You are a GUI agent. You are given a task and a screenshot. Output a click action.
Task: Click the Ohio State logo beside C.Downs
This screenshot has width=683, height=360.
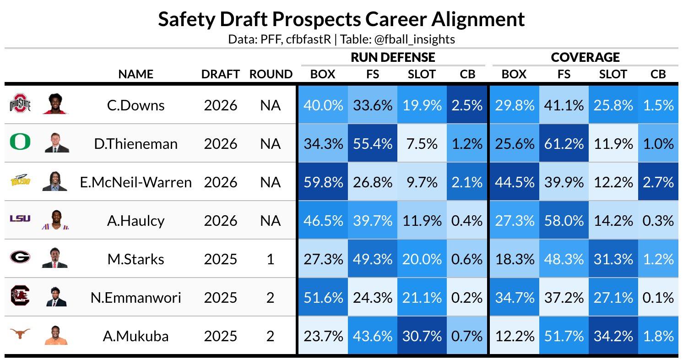pos(20,105)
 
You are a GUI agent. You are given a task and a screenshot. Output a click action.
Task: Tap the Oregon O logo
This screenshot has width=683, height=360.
pos(20,143)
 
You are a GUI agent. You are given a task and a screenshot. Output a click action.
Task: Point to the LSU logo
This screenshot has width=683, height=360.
pos(20,218)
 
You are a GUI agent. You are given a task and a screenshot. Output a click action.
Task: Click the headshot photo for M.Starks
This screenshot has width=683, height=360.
pos(57,259)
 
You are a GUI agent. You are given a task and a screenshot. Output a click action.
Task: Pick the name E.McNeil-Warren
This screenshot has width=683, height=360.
pos(136,182)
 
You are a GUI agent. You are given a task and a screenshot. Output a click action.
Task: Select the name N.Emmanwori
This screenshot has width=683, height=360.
pos(136,298)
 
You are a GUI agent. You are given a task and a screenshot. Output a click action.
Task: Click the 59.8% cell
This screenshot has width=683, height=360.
pos(323,182)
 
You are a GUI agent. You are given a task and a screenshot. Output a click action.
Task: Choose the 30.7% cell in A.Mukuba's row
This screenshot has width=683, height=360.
pos(422,336)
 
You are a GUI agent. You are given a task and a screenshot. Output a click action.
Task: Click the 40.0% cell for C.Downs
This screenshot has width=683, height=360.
pos(323,105)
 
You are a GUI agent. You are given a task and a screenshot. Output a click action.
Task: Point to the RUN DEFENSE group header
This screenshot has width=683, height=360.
pos(393,57)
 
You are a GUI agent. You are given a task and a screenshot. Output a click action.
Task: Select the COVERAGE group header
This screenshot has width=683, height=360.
pos(585,57)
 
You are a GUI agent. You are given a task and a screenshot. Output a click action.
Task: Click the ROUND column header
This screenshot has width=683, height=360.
pos(271,74)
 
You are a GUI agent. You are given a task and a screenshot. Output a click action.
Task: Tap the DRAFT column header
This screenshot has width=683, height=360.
pos(221,74)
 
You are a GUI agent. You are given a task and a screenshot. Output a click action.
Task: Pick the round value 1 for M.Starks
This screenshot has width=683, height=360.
pos(270,259)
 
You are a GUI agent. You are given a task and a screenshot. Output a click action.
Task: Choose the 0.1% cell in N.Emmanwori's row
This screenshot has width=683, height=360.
pos(658,298)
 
